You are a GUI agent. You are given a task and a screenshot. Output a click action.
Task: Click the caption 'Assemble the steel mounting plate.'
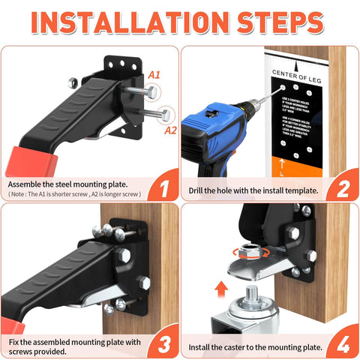coord(68,183)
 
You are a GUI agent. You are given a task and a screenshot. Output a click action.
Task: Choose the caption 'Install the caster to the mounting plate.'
coord(253,347)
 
